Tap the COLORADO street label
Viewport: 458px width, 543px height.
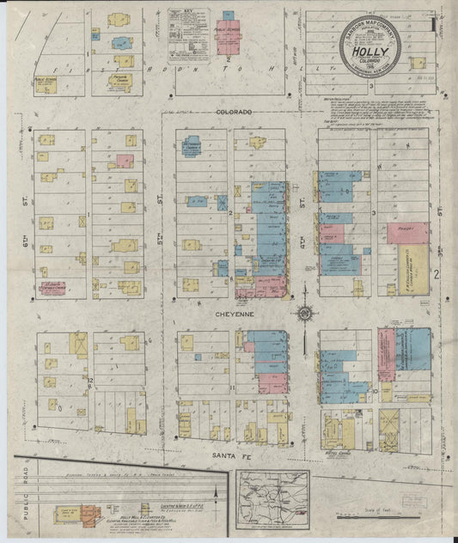coord(234,113)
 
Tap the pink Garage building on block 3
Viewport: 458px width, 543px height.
coord(407,232)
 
